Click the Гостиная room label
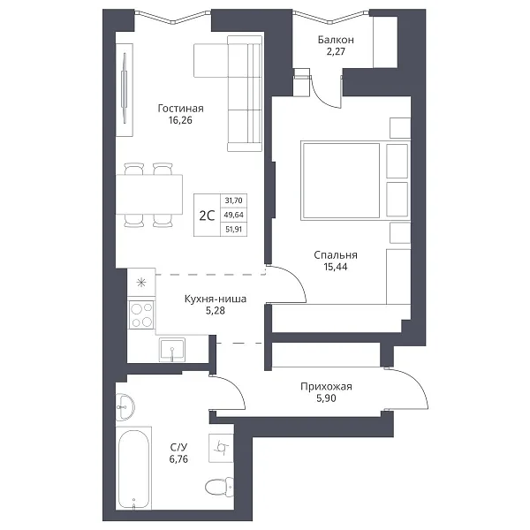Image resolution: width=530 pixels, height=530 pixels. (180, 109)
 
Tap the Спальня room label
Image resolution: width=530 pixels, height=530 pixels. (336, 255)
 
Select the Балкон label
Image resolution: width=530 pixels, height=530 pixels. (336, 40)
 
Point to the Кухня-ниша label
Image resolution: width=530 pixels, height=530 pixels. (216, 299)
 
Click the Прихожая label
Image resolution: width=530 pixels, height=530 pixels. (326, 386)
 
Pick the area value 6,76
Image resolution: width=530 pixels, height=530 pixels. (178, 459)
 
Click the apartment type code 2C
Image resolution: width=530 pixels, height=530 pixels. (207, 216)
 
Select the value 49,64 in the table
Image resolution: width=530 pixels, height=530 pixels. (233, 215)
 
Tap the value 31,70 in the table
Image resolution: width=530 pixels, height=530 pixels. (233, 201)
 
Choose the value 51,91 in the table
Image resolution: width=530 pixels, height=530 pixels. (233, 230)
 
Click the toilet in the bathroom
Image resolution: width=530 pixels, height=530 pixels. (220, 488)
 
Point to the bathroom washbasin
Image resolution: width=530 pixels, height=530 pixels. (125, 407)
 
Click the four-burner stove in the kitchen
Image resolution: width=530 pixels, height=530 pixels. (141, 315)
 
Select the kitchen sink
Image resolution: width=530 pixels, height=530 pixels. (172, 349)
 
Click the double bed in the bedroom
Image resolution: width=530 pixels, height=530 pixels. (355, 181)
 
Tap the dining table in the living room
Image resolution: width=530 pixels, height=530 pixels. (149, 194)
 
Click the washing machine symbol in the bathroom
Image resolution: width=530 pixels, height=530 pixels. (221, 448)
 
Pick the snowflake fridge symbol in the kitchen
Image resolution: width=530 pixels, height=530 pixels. (141, 283)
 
